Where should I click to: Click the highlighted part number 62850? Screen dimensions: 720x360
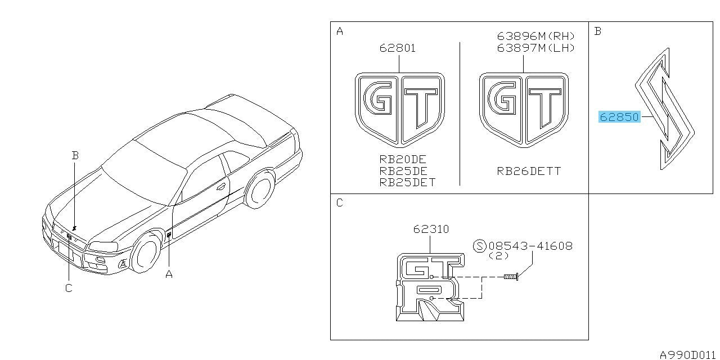(x=619, y=117)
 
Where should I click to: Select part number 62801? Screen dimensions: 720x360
(x=398, y=48)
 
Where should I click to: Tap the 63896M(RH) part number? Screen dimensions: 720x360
(x=535, y=36)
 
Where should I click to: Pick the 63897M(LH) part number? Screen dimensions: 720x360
(x=535, y=48)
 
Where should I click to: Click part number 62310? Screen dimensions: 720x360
(x=431, y=229)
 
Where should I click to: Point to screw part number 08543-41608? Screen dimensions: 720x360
(x=530, y=246)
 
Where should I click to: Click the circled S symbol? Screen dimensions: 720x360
(x=480, y=246)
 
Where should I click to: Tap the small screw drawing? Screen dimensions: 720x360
(x=511, y=276)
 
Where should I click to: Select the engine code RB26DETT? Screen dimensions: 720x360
(x=529, y=171)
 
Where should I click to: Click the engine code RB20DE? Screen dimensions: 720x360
(x=403, y=159)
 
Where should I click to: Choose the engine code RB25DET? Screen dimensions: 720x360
(x=407, y=183)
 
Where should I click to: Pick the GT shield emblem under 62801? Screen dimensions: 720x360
(x=400, y=110)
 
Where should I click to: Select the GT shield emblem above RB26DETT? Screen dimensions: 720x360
(x=524, y=110)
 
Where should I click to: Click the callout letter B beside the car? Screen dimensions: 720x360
(x=75, y=156)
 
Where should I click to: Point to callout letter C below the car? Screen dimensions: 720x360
(x=69, y=288)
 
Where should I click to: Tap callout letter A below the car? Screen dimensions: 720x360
(x=169, y=274)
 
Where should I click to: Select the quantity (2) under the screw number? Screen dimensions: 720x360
(x=498, y=256)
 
